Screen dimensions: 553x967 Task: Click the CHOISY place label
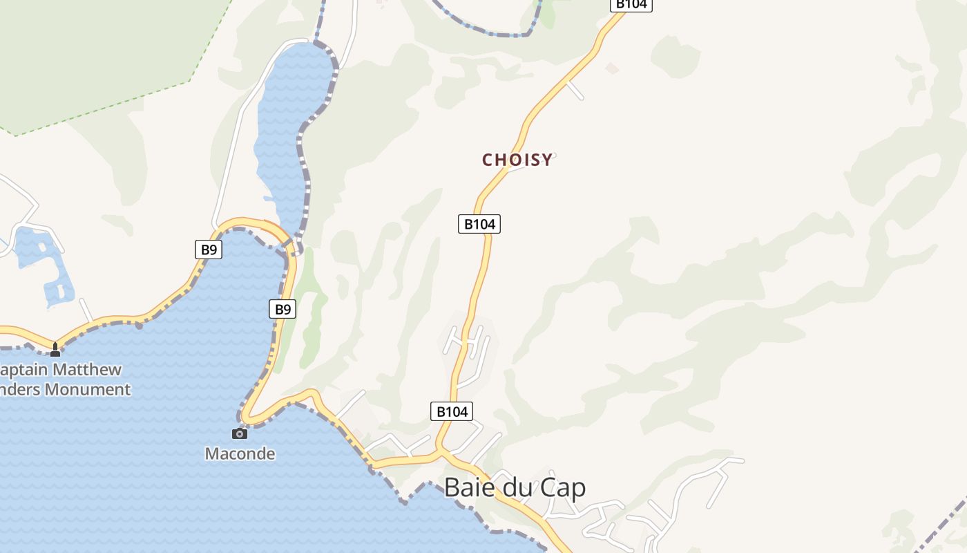(517, 160)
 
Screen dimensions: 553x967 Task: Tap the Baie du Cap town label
(515, 487)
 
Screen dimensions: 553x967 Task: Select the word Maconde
(240, 454)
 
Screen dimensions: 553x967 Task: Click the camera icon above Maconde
(240, 433)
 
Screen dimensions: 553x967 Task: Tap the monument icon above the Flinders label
(55, 350)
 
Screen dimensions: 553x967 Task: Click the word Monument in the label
(87, 389)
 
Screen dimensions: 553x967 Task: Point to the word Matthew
(87, 370)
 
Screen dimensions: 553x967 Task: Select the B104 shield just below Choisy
(479, 224)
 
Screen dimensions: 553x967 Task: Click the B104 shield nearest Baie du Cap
(452, 411)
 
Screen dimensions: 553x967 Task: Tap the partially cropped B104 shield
(631, 4)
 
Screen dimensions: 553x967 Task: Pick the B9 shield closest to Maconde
(283, 309)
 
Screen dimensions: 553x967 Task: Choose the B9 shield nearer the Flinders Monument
(208, 250)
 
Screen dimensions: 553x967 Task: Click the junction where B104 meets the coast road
(441, 453)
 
